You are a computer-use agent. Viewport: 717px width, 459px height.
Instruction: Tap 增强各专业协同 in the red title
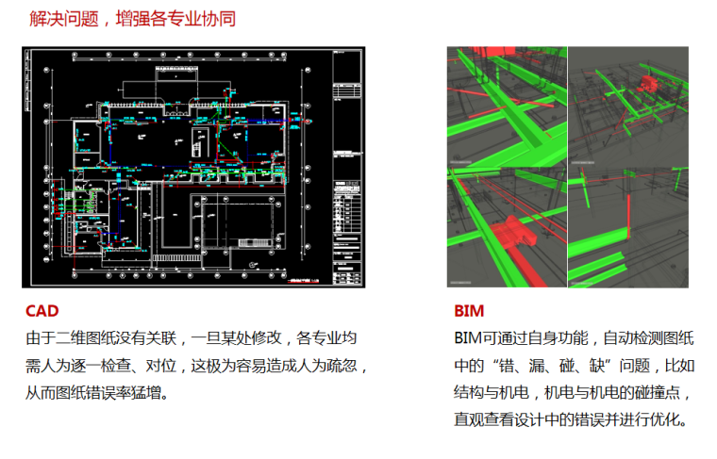point(176,17)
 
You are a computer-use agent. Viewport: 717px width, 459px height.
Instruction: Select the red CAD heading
point(42,310)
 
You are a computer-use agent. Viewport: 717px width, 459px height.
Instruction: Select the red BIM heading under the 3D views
point(468,310)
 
